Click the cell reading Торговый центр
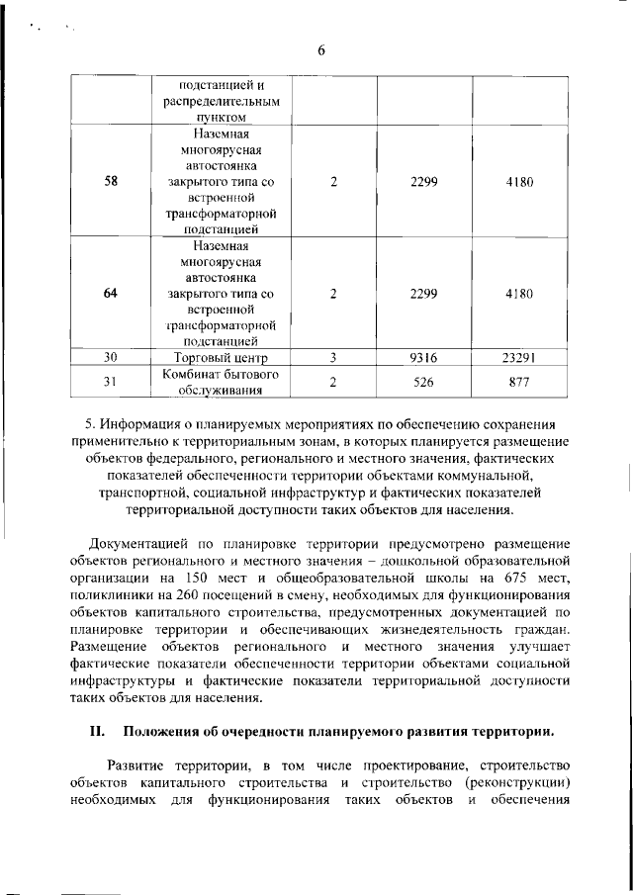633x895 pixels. click(x=221, y=357)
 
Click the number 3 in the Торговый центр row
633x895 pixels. click(x=333, y=357)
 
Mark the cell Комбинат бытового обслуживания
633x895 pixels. click(x=221, y=382)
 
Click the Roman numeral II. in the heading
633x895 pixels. click(x=97, y=731)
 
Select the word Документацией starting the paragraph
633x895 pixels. click(x=137, y=544)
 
